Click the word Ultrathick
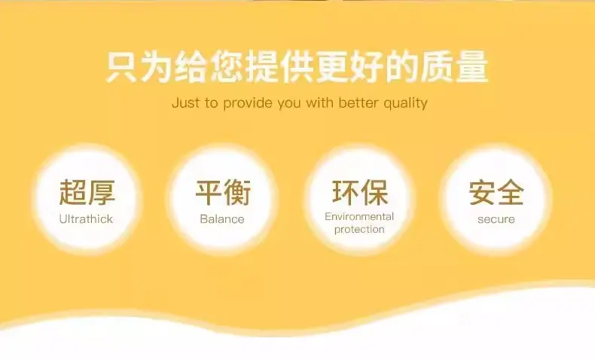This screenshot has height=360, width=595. point(86,219)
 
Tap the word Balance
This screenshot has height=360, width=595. point(222,219)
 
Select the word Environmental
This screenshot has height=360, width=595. point(359,217)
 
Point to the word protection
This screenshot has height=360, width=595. point(359,230)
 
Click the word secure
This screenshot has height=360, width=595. point(496,219)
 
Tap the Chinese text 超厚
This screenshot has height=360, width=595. point(87,192)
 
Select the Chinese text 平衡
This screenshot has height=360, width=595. point(223,192)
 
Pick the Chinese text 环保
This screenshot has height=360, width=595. point(360,192)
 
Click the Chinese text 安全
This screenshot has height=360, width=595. point(496,192)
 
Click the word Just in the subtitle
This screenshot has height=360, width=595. point(185,102)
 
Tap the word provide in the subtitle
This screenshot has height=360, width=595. point(247,103)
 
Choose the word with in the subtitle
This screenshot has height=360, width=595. point(319,102)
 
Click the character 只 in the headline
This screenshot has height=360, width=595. point(121,67)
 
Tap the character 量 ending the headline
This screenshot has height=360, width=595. point(472,67)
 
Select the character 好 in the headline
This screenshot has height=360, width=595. point(367,67)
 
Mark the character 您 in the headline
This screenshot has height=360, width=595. point(227,67)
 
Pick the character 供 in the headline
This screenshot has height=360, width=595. point(297,67)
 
